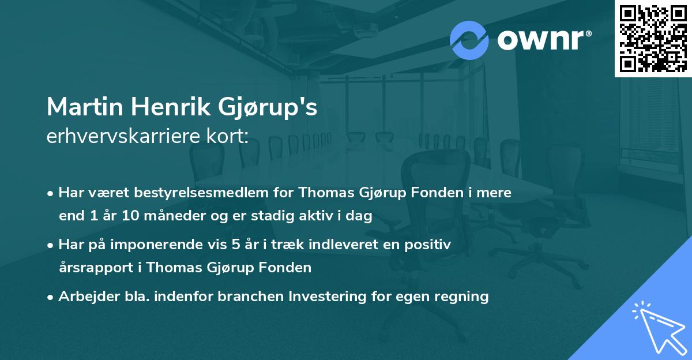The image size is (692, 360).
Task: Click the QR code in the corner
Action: tap(653, 39)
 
